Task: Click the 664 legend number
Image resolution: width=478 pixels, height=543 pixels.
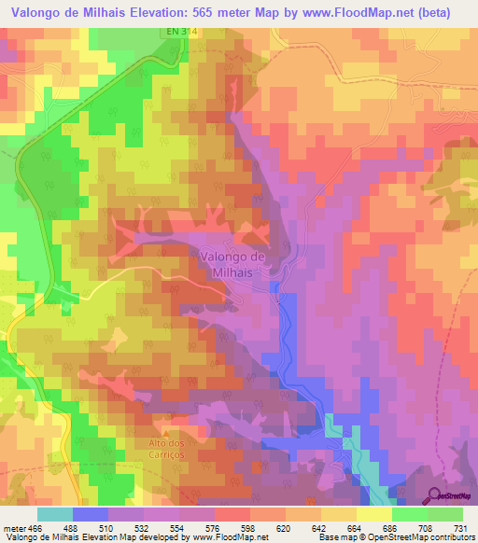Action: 356,527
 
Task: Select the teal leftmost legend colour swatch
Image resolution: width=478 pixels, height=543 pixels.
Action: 55,514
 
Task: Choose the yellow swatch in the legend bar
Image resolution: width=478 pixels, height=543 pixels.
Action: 373,514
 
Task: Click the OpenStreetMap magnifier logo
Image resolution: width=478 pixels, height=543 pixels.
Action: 433,495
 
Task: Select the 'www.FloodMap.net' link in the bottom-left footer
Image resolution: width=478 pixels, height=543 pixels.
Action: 228,537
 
